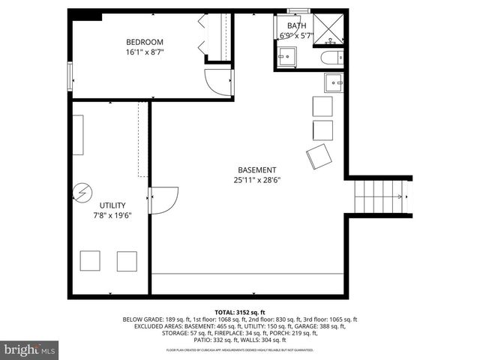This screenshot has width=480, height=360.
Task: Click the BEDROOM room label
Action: [x=144, y=42]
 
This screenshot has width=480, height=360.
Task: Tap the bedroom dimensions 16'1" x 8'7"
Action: [x=144, y=52]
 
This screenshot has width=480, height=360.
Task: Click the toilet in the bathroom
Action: [x=330, y=58]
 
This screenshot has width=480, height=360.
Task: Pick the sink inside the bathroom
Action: [x=286, y=57]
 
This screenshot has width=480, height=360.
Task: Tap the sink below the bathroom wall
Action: [x=334, y=82]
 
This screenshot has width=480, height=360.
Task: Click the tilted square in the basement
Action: [x=319, y=157]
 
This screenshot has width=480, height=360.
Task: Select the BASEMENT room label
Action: [x=256, y=169]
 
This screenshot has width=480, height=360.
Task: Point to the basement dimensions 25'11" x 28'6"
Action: [x=256, y=180]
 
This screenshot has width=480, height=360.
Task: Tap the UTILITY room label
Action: [x=112, y=205]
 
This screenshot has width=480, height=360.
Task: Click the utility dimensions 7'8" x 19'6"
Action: [x=112, y=216]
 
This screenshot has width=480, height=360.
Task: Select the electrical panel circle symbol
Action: [x=81, y=194]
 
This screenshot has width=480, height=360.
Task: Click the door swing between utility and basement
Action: [x=163, y=200]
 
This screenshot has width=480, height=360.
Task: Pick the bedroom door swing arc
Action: [x=219, y=81]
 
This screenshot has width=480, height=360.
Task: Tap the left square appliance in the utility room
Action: [x=90, y=260]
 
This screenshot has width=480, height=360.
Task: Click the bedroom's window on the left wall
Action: [x=70, y=76]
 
